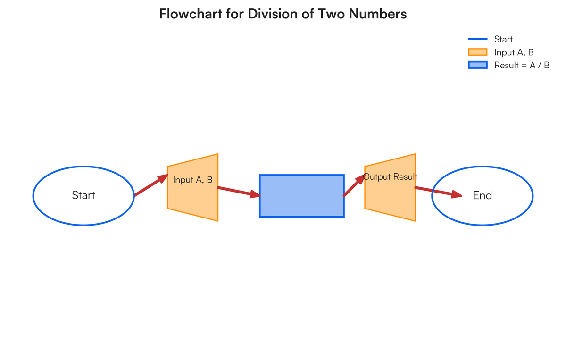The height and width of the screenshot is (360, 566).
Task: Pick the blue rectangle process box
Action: click(x=302, y=196)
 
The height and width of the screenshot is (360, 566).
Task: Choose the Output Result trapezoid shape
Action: click(x=390, y=198)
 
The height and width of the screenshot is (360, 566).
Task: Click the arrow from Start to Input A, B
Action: click(x=151, y=185)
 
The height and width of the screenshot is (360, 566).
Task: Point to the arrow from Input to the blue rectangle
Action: click(x=238, y=192)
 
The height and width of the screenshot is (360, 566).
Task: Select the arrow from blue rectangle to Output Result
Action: click(x=354, y=185)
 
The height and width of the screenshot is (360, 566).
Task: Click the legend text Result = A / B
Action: click(x=522, y=65)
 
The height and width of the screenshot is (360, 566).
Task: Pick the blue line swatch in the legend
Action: click(x=477, y=39)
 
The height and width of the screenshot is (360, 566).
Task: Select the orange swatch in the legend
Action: click(x=477, y=52)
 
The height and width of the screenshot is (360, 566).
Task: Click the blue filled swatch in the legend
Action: click(x=477, y=65)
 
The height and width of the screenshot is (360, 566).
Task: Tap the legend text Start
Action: click(x=503, y=39)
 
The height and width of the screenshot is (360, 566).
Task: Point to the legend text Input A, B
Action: click(x=514, y=52)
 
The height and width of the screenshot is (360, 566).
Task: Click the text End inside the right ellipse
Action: click(x=483, y=195)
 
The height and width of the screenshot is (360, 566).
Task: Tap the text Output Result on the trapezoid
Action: click(x=390, y=177)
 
